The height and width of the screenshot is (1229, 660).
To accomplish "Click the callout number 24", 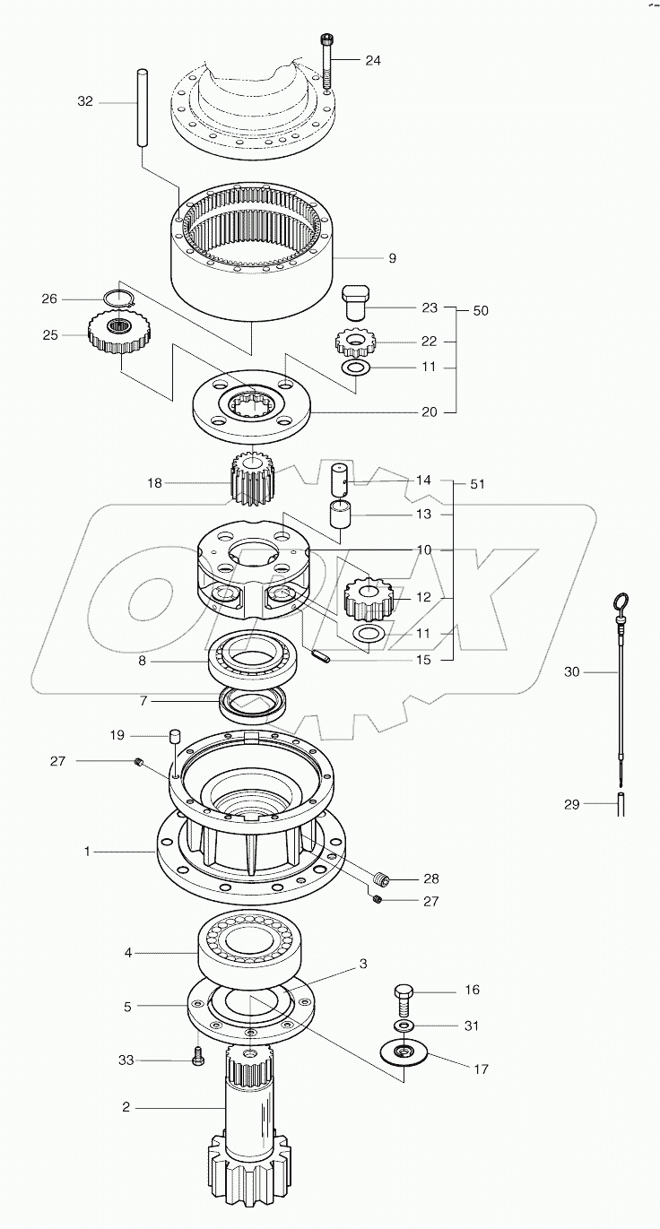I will click(373, 61).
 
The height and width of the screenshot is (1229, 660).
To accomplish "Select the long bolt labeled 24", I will click(326, 59).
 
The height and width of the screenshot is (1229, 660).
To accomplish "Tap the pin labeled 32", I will click(143, 108).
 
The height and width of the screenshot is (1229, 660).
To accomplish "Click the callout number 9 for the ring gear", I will click(392, 258).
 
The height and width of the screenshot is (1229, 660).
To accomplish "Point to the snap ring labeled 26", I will click(114, 299).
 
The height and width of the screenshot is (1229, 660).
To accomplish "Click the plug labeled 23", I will click(356, 302).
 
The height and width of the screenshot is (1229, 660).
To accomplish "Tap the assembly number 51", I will click(477, 484).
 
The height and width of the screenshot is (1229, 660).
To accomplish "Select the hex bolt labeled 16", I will click(403, 995).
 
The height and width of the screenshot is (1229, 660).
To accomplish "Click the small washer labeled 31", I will click(403, 1025).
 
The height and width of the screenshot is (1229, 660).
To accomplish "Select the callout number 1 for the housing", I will click(87, 852).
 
